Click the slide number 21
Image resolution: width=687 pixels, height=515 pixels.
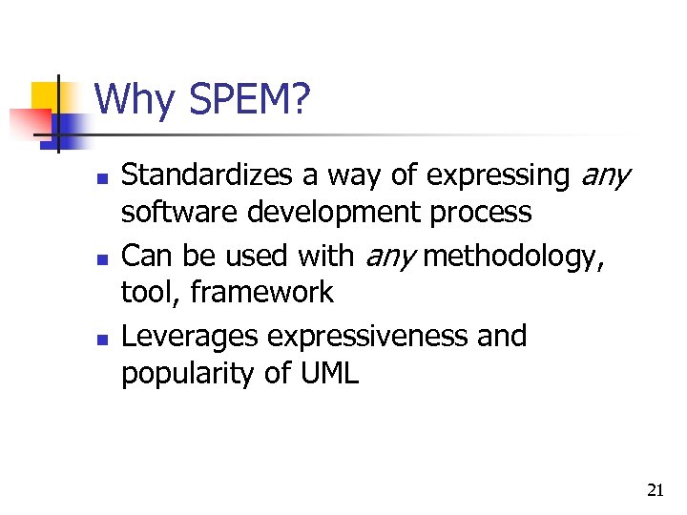pos(655,490)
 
